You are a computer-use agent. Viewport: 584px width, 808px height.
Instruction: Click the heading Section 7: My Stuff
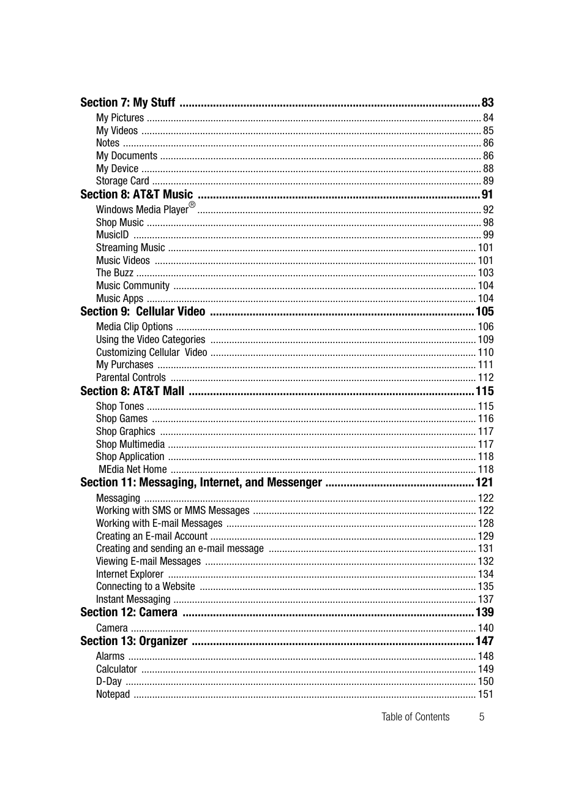point(127,103)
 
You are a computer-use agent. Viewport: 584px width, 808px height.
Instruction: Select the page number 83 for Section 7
point(487,103)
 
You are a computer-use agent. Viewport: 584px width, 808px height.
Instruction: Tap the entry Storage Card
point(122,181)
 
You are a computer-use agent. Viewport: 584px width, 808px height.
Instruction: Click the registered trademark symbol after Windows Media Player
point(192,205)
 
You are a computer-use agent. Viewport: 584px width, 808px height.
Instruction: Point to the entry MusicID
point(113,235)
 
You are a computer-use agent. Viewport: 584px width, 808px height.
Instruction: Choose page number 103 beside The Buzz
point(485,273)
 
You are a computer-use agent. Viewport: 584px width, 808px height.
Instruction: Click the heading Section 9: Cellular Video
point(143,312)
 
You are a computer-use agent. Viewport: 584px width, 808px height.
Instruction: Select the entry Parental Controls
point(130,378)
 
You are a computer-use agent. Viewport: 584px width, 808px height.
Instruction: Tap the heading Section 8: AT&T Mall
point(132,391)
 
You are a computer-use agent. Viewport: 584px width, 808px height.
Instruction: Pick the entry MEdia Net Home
point(133,470)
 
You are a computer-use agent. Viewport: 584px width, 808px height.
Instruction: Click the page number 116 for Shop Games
point(485,419)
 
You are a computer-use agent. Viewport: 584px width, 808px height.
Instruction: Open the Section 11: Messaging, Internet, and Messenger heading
point(201,483)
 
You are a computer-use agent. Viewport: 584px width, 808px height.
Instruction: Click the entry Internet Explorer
point(130,575)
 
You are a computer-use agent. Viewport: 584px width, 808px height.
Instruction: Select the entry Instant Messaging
point(133,600)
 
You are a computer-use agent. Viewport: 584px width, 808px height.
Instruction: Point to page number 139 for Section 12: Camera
point(484,613)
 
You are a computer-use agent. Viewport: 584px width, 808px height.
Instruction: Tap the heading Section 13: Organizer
point(134,641)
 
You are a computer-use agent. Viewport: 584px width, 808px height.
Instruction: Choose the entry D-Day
point(109,682)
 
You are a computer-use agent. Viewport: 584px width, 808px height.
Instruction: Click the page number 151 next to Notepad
point(485,695)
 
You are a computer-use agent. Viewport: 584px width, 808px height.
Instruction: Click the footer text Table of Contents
point(415,717)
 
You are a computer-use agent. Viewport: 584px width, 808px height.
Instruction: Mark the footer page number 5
point(482,717)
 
